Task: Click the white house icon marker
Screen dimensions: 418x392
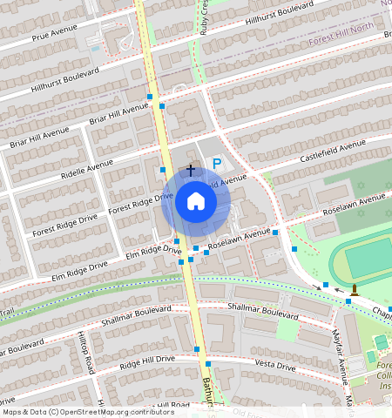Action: [x=196, y=202]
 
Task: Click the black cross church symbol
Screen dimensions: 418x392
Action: [x=191, y=170]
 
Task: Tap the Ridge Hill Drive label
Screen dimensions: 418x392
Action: [x=147, y=361]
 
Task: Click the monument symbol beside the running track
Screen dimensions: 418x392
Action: [x=355, y=288]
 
